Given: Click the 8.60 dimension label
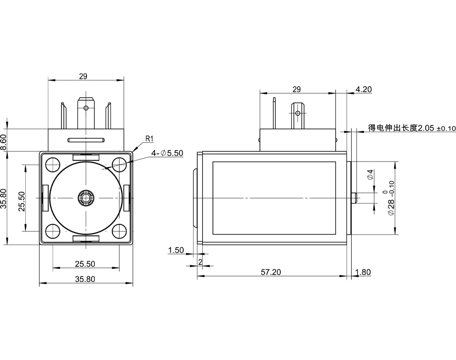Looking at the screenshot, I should click(x=4, y=140).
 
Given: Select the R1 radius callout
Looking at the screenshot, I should click(x=149, y=138).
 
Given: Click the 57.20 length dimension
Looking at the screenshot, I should click(x=271, y=272).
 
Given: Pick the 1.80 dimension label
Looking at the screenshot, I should click(x=363, y=272).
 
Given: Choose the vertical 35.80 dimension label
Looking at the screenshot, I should click(x=4, y=198).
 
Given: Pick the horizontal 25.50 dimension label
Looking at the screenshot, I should click(x=85, y=264).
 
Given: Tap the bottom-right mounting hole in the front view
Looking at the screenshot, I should click(x=120, y=231).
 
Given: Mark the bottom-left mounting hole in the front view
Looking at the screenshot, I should click(x=52, y=231).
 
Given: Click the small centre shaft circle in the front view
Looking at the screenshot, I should click(x=86, y=197).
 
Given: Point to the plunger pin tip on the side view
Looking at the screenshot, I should click(x=355, y=197).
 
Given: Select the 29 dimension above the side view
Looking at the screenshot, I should click(x=297, y=89).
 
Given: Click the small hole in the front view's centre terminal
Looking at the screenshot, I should click(x=86, y=108).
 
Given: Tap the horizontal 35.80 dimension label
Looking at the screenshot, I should click(x=85, y=278).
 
